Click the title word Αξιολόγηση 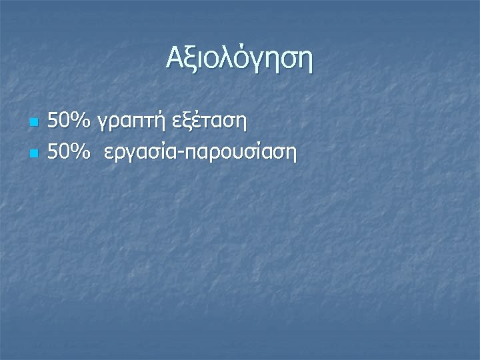(239, 61)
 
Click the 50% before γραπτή (70, 122)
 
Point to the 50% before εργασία (70, 153)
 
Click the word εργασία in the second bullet (136, 154)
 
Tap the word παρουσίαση (238, 154)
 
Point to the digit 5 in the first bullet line (54, 122)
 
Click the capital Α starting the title (175, 59)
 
